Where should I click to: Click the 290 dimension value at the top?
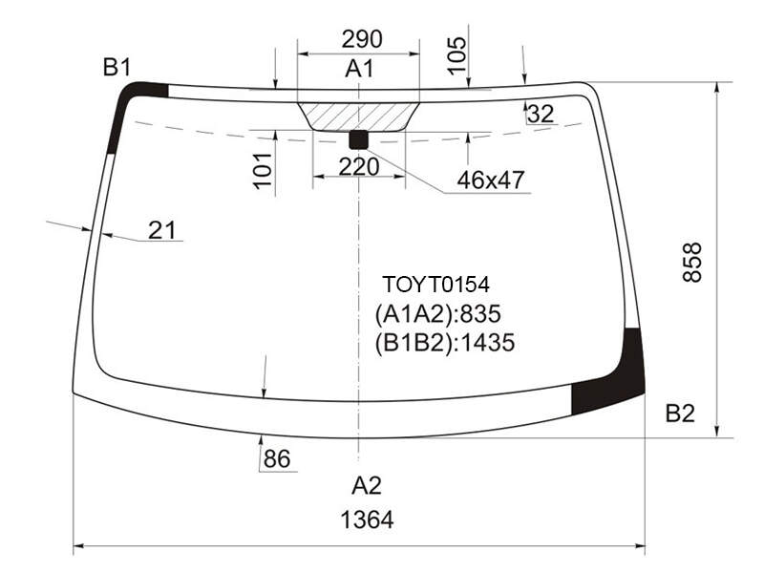tap(362, 39)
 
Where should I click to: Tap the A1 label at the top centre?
tap(360, 69)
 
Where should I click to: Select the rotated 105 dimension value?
tap(457, 55)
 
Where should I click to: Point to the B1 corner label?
tap(117, 67)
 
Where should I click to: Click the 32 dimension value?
tap(541, 114)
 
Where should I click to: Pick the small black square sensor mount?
tap(359, 139)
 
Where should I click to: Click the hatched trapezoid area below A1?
tap(359, 117)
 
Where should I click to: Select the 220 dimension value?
tap(359, 166)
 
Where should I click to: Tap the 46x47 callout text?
tap(491, 180)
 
